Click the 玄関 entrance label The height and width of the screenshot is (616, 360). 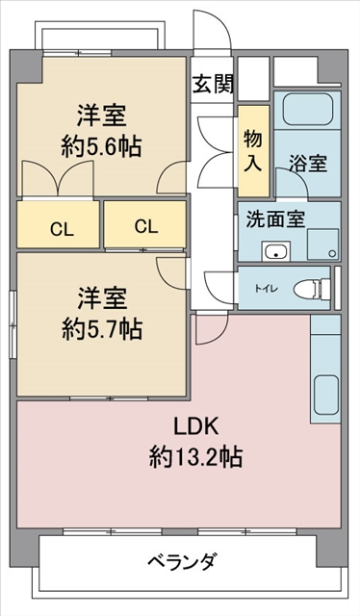click(213, 84)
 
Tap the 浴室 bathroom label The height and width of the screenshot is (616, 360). click(308, 163)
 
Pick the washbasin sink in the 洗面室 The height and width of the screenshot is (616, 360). click(276, 250)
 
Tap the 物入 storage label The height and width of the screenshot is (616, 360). click(253, 150)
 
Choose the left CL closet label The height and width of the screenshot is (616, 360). click(63, 230)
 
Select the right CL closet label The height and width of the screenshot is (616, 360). click(146, 226)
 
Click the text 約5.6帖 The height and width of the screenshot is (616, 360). click(101, 147)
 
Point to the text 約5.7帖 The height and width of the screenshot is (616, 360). click(102, 329)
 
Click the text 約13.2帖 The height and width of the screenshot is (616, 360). click(195, 457)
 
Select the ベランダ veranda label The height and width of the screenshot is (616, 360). click(182, 561)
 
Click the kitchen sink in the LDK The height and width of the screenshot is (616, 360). click(326, 395)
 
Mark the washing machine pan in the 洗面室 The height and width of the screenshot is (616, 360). click(323, 244)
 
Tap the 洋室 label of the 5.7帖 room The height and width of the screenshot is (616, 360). click(102, 299)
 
